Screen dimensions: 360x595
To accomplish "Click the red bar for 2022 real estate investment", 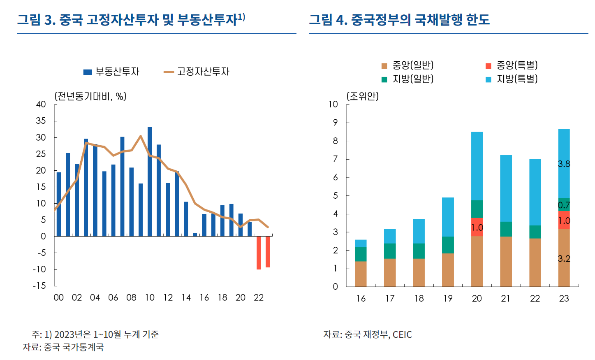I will [259, 253].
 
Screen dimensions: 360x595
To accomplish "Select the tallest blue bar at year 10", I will [150, 181].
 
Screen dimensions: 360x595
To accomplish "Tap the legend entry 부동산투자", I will [111, 72].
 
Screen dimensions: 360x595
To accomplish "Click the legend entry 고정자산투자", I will [197, 72].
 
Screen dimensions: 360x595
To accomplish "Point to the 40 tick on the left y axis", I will [41, 105].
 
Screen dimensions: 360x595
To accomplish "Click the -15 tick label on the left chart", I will [39, 286].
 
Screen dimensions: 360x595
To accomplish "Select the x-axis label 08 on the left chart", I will [131, 297].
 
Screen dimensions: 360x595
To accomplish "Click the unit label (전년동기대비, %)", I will [90, 96].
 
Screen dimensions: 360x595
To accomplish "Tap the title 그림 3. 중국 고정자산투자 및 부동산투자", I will [131, 19].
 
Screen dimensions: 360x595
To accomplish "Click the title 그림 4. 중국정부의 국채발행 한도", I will [399, 19].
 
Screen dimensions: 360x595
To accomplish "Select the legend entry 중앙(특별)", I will [512, 65].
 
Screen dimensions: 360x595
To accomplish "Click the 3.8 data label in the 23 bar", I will [564, 164].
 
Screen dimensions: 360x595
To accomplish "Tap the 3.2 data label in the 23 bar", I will [564, 258].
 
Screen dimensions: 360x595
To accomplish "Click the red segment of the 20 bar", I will [477, 227].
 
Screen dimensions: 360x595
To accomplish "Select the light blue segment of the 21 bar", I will [506, 188].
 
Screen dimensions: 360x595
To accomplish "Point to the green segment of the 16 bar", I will [361, 254].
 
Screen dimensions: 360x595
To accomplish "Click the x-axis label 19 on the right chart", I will [448, 298].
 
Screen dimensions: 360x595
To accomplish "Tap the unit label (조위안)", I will [363, 96].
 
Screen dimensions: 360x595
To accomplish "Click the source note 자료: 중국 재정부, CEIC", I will [368, 334].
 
